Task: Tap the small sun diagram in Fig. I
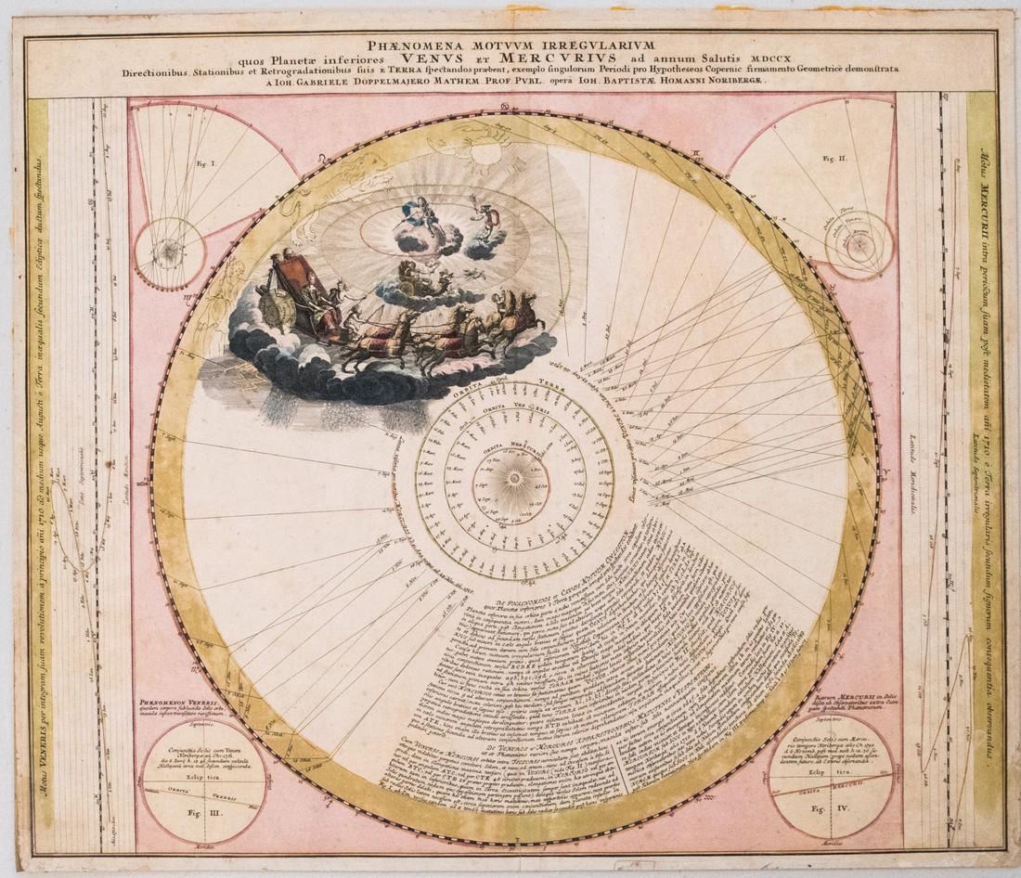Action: click(x=169, y=251)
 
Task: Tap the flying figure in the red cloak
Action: click(x=483, y=218)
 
